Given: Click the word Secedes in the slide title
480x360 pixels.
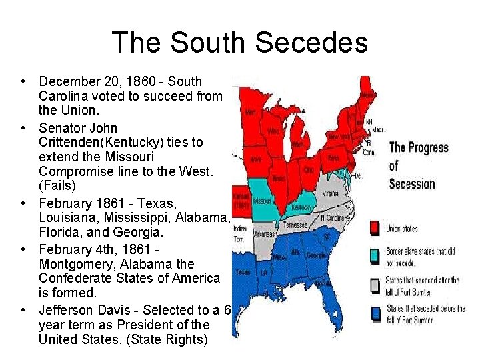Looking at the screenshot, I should (x=311, y=42).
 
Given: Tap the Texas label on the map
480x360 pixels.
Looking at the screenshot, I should (x=243, y=272).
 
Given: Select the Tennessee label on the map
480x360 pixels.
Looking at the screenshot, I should (x=295, y=225).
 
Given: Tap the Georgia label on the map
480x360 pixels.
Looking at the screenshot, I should (x=317, y=256).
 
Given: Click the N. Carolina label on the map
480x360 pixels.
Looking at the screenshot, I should (x=332, y=217).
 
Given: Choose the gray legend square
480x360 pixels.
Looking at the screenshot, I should (x=375, y=285).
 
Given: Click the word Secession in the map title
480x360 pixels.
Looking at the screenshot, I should (x=411, y=183).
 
